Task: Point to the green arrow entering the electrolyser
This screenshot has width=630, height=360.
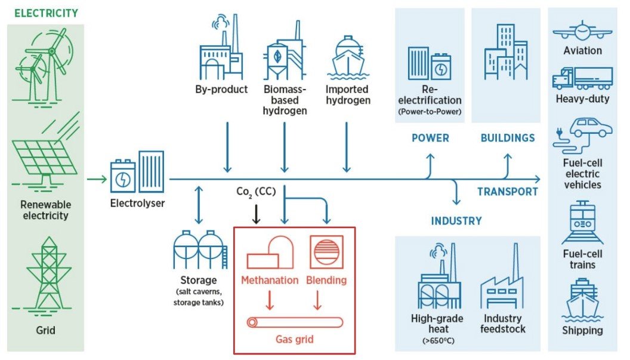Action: tap(95, 179)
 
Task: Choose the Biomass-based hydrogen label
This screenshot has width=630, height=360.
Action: tap(285, 100)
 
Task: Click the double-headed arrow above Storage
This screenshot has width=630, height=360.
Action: tap(198, 205)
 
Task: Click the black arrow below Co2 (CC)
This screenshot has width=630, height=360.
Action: tap(256, 214)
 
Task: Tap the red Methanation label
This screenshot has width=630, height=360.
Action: tap(270, 280)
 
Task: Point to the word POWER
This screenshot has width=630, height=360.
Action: tap(430, 138)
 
